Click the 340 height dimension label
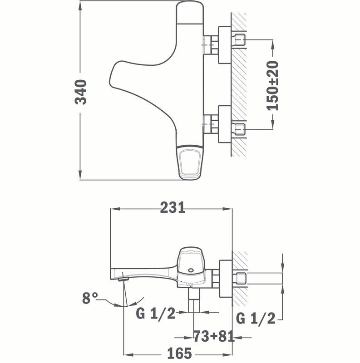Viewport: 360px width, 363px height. (81, 92)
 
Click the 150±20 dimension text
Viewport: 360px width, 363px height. (273, 86)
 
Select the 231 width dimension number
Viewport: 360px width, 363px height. (173, 207)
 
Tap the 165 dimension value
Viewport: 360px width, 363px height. (179, 353)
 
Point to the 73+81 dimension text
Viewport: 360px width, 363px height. (213, 336)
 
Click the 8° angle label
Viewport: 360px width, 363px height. (90, 298)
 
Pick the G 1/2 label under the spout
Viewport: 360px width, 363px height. (156, 314)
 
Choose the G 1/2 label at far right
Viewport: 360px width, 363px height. (256, 318)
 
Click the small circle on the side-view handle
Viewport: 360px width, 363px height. (191, 270)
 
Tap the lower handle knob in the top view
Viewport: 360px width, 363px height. (190, 162)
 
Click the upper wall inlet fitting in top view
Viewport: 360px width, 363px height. (240, 39)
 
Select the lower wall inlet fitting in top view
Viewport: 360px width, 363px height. (240, 129)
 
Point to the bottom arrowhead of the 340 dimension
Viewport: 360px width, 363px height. (80, 175)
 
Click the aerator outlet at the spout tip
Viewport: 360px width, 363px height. (123, 279)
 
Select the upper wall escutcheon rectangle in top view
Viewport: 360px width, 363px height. (225, 45)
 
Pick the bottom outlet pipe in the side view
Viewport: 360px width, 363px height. (194, 300)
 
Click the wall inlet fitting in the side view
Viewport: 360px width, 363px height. (241, 279)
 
